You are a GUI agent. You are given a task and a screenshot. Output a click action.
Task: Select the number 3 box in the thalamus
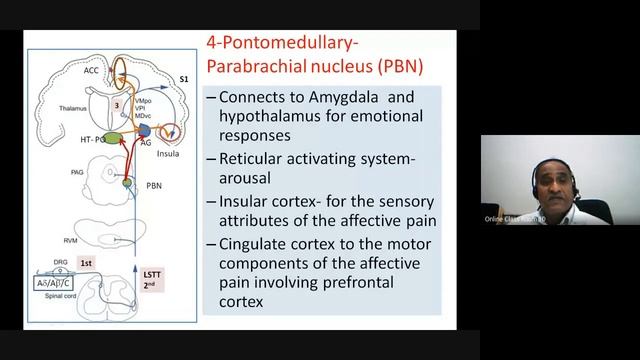tap(117, 104)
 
